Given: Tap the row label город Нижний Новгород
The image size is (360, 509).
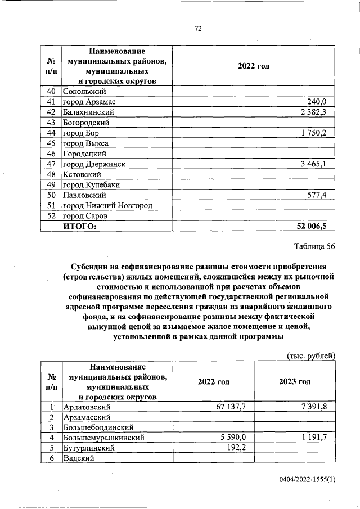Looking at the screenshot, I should click(107, 205).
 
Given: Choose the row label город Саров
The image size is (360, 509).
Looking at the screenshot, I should click(84, 215).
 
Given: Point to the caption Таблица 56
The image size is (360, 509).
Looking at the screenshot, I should click(314, 247).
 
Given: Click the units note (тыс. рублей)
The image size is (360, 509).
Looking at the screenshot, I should click(310, 355).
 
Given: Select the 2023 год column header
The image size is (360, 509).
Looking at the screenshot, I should click(295, 381).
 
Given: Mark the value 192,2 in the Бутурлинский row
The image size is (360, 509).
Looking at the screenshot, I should click(238, 447).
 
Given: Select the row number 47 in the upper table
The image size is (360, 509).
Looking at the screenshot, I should click(51, 164).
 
